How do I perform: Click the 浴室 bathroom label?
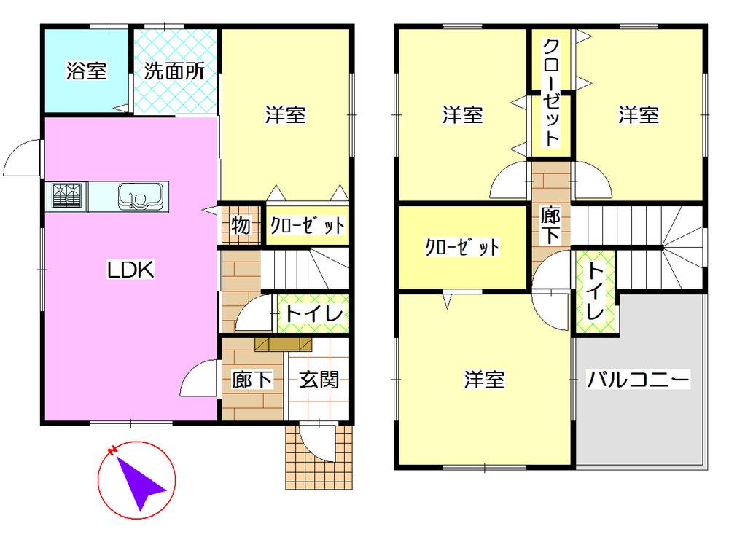(x=86, y=71)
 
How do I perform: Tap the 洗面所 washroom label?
(x=174, y=71)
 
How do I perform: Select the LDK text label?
(x=130, y=271)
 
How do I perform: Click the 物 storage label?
(x=241, y=225)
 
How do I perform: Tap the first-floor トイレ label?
(x=313, y=315)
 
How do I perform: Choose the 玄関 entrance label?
(x=319, y=380)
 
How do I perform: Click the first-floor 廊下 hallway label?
(x=252, y=380)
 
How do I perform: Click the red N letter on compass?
(x=112, y=452)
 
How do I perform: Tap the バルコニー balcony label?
(x=639, y=380)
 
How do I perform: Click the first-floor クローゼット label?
(x=307, y=225)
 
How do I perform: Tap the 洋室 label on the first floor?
(x=285, y=114)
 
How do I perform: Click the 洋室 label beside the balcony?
(x=485, y=380)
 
